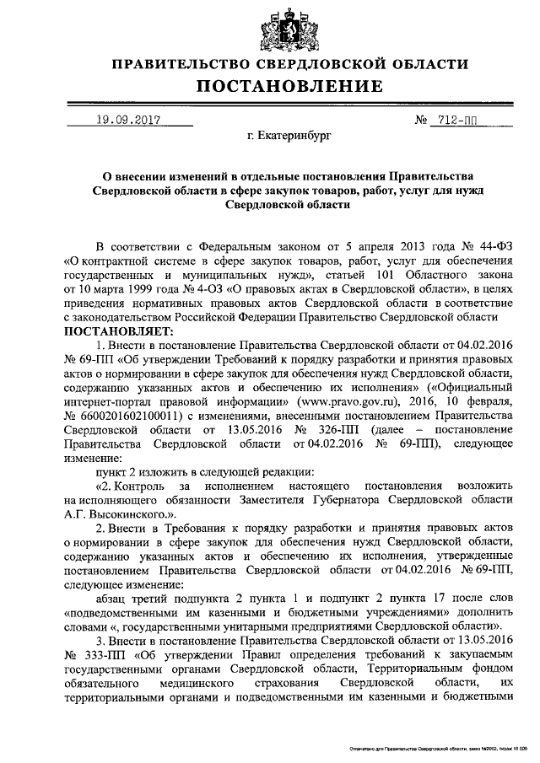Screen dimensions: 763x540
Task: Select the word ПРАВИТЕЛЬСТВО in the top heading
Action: pos(178,64)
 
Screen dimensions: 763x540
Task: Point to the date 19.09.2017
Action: pos(128,120)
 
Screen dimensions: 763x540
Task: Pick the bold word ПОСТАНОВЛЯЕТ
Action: pos(118,331)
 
